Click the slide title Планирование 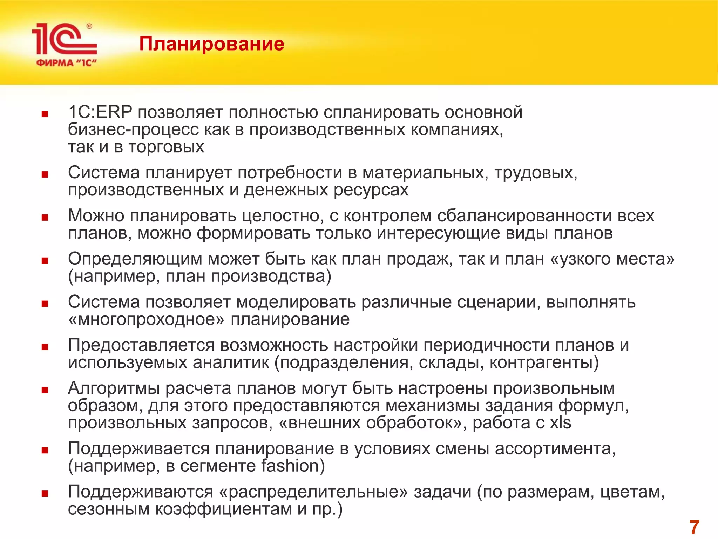[x=211, y=44]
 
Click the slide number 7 [x=694, y=527]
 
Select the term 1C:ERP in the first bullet [x=100, y=112]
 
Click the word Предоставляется [x=141, y=345]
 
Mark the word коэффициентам [x=223, y=509]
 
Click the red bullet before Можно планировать [x=45, y=218]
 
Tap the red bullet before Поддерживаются [x=45, y=494]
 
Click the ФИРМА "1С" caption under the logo [x=66, y=63]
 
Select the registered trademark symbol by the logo [x=89, y=26]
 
